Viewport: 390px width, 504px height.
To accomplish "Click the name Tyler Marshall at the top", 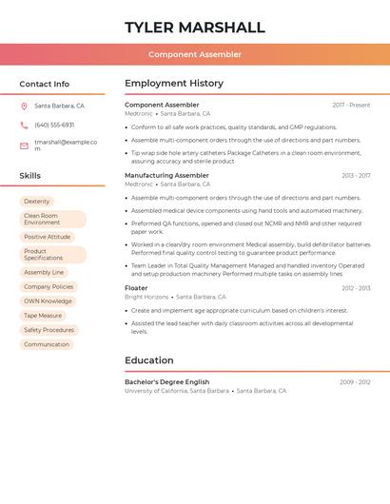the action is [x=195, y=27].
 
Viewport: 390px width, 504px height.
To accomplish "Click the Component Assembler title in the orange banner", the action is [x=195, y=55].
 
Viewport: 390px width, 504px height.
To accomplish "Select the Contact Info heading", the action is [x=45, y=84].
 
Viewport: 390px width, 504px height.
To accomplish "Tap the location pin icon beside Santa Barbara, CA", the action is [x=24, y=107].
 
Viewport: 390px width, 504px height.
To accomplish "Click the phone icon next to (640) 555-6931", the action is [x=24, y=126].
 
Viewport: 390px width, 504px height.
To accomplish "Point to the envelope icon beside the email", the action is [x=24, y=145].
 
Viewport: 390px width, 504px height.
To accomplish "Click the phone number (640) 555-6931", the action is [x=54, y=126].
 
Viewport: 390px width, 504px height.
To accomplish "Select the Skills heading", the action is [x=30, y=176].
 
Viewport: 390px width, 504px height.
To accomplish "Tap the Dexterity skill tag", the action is [x=37, y=202].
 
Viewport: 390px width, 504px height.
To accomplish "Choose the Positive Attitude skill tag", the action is [x=48, y=237].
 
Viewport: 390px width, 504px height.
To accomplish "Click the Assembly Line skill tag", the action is [x=44, y=272].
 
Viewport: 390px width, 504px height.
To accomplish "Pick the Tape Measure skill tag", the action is [x=43, y=316].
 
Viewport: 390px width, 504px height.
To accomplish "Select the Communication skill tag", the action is [x=47, y=344].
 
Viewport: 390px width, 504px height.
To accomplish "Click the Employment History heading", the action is [x=174, y=84].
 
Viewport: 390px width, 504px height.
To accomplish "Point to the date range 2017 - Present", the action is [x=351, y=105].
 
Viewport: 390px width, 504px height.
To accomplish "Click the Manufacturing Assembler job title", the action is [x=166, y=175].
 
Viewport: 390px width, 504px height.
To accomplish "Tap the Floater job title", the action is [x=136, y=287].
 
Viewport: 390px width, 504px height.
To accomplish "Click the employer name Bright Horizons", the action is [x=146, y=297].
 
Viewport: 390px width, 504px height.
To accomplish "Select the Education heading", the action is [x=149, y=360].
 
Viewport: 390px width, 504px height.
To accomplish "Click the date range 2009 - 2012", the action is [x=355, y=381].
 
